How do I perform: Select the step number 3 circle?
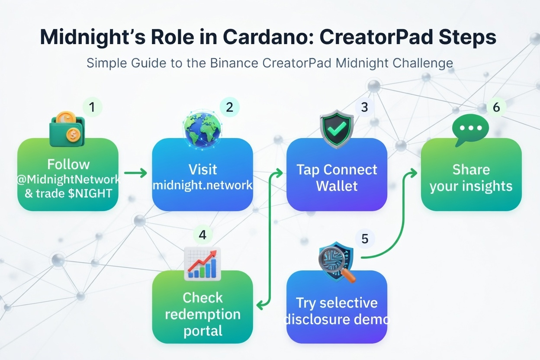coord(364,106)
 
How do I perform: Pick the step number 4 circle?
coord(202,235)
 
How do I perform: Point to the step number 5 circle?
coord(365,238)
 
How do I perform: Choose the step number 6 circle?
coord(496,107)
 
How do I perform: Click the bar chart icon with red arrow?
coord(202,263)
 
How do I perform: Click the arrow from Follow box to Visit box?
coord(135,174)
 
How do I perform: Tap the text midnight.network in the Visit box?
coord(202,185)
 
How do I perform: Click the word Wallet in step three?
coord(337,186)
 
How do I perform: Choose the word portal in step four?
coord(202,331)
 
